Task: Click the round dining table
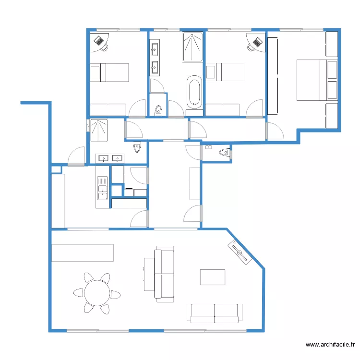96,292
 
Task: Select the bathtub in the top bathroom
194,91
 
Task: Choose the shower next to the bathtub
193,47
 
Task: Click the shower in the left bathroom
99,131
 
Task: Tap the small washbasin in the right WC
208,147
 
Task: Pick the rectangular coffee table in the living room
212,277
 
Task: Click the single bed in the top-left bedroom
109,72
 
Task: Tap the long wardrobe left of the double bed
273,76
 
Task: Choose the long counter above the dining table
82,253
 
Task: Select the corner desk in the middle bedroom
256,43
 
